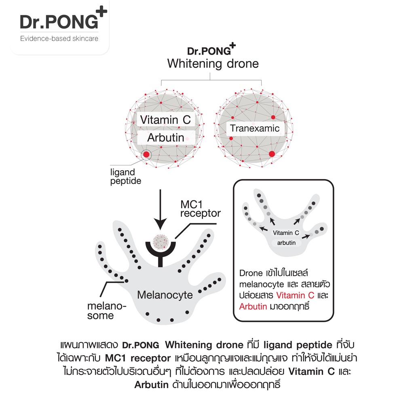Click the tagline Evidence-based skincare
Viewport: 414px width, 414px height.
point(59,38)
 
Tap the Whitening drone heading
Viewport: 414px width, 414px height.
point(213,63)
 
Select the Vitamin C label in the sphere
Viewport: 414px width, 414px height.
point(165,120)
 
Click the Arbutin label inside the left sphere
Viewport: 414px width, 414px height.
point(165,137)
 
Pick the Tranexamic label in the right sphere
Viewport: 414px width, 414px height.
point(255,128)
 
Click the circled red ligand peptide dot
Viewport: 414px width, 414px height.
point(146,154)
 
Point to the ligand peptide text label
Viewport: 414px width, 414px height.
point(126,176)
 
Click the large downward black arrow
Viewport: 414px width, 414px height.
point(160,209)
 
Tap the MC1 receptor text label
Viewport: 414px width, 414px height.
point(201,209)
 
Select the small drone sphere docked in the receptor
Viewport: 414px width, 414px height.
point(161,242)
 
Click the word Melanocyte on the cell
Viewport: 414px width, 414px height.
point(165,295)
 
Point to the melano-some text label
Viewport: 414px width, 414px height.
point(107,311)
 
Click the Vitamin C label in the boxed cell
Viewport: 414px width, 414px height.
point(286,233)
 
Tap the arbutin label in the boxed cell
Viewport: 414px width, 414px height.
point(287,243)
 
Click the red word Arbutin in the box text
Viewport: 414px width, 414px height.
point(253,306)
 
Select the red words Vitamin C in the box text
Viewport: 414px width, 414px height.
point(295,295)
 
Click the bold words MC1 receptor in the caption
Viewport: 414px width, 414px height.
point(138,358)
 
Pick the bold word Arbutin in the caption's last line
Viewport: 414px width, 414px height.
point(152,385)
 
